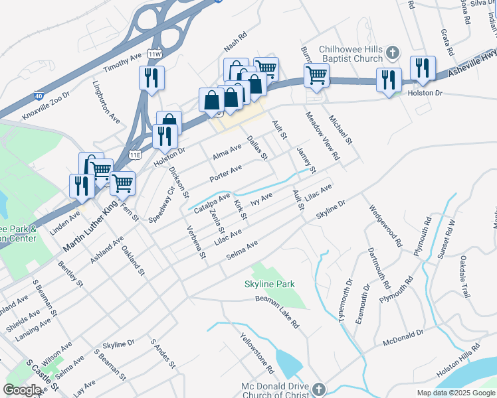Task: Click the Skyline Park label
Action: (268, 285)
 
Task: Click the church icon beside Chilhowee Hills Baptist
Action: (393, 52)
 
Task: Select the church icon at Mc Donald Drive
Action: (319, 388)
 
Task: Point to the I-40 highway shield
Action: (38, 97)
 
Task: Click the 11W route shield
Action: (155, 54)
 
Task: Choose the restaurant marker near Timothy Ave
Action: (151, 78)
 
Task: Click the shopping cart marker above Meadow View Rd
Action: (316, 75)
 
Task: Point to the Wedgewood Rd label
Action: (386, 225)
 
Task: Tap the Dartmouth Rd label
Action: (379, 268)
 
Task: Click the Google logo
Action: (23, 390)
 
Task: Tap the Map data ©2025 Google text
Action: (455, 393)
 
